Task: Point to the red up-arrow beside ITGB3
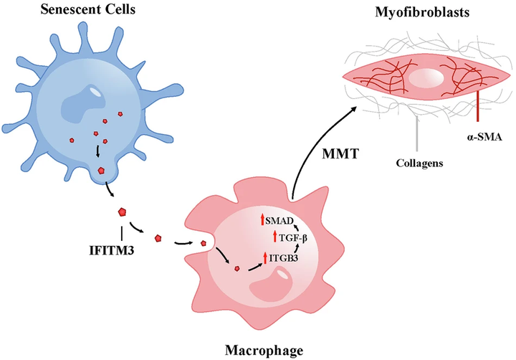(266, 257)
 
